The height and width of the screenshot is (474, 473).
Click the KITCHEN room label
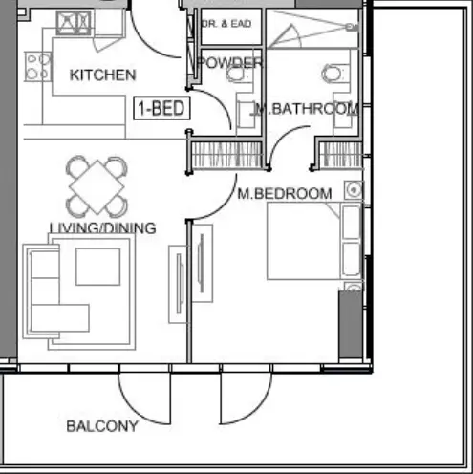click(103, 75)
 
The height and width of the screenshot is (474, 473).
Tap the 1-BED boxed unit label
click(161, 108)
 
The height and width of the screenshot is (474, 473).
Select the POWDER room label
click(229, 63)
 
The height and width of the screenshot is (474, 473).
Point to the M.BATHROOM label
click(306, 109)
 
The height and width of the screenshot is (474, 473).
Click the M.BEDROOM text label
click(285, 193)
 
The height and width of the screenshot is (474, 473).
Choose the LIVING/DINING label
click(103, 227)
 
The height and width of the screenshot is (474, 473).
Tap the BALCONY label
click(102, 426)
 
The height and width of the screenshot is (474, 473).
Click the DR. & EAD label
click(227, 23)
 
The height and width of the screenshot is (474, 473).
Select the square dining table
click(96, 185)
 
